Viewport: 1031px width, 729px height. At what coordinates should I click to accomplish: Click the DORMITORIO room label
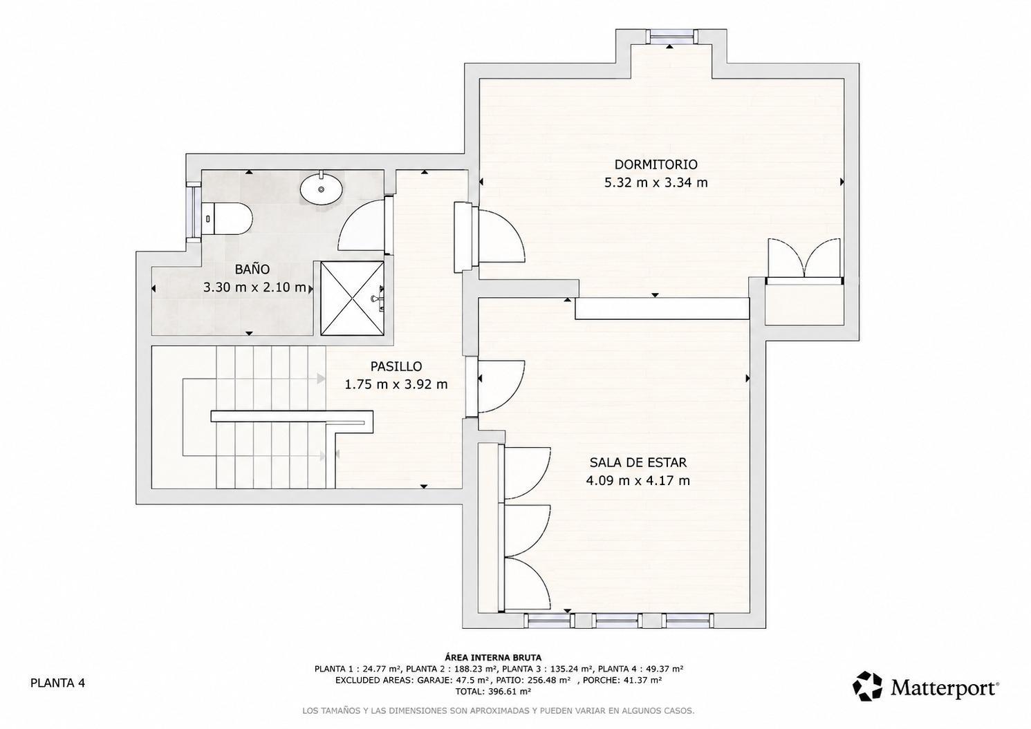(x=656, y=164)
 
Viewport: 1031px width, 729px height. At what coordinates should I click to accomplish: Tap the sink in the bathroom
(x=322, y=188)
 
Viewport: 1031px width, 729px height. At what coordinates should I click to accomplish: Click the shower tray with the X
(x=352, y=298)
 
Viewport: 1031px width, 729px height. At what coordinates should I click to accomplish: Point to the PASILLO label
(x=396, y=366)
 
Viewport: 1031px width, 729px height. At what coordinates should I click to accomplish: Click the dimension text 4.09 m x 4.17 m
(x=638, y=481)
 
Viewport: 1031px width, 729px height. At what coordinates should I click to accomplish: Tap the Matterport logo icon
(x=867, y=685)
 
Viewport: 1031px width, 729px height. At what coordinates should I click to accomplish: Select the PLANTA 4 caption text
(x=57, y=683)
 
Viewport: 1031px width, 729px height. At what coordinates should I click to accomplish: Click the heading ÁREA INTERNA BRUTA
(x=493, y=657)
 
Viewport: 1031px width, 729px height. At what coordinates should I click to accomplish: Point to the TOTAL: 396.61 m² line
(x=493, y=691)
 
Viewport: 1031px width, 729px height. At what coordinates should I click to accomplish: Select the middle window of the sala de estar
(x=617, y=621)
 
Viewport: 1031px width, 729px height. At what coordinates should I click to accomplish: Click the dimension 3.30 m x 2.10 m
(x=254, y=287)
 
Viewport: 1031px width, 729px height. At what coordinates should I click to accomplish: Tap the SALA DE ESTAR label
(x=638, y=462)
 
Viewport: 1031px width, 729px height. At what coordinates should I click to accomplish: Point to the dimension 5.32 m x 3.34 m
(x=656, y=183)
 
